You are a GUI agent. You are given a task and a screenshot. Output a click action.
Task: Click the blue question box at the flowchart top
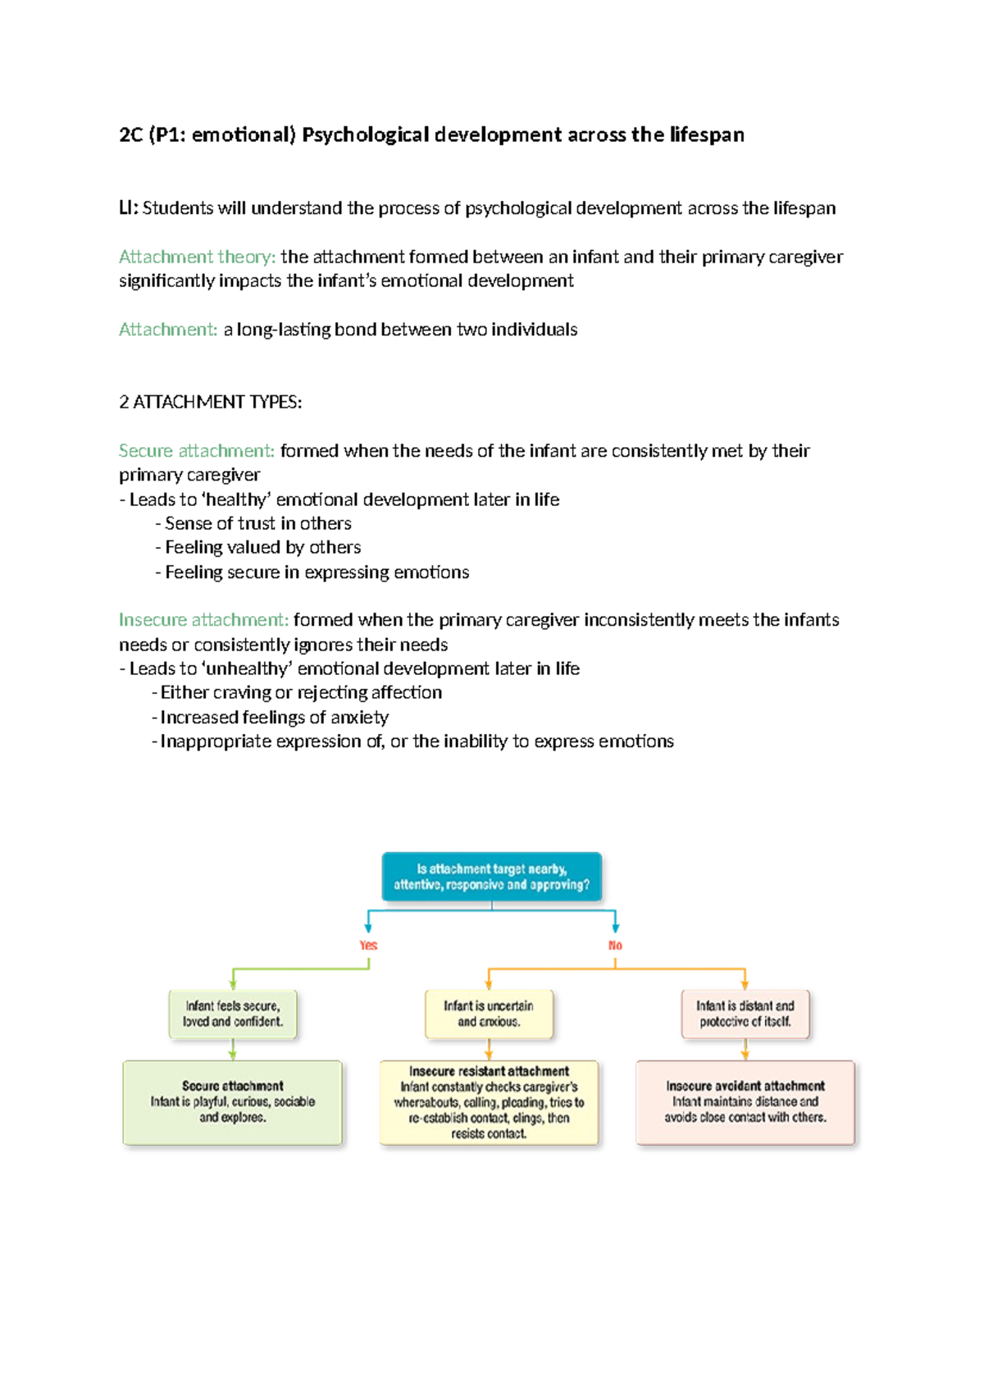[x=491, y=877]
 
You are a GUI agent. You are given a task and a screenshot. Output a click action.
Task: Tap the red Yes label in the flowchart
[x=368, y=945]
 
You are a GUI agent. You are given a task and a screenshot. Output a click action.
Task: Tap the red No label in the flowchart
[x=615, y=945]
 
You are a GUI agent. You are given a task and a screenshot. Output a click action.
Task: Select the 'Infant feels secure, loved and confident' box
[x=233, y=1014]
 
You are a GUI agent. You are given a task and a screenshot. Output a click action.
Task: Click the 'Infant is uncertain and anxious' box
[x=489, y=1014]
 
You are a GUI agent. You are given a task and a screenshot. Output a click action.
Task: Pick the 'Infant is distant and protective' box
[x=745, y=1014]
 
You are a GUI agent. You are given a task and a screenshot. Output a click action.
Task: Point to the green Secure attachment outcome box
[x=233, y=1101]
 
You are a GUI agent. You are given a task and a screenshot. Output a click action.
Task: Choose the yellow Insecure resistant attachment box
[x=489, y=1101]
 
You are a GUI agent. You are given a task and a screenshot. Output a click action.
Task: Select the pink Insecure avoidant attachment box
[x=745, y=1101]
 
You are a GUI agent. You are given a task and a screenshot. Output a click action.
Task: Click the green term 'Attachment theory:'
[x=197, y=257]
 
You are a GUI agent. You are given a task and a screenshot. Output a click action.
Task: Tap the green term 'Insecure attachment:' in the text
[x=203, y=619]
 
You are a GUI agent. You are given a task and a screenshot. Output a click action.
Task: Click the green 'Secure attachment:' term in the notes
[x=197, y=450]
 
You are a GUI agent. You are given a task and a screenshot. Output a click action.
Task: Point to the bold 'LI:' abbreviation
[x=129, y=208]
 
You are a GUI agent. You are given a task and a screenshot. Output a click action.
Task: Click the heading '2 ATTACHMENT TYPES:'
[x=210, y=402]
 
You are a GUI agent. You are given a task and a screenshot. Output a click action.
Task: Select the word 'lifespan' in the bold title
[x=706, y=135]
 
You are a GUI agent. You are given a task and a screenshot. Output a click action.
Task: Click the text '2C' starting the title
[x=131, y=135]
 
